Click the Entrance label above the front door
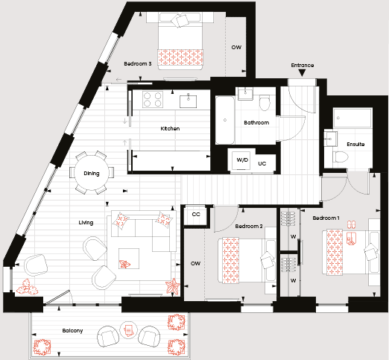point(303,65)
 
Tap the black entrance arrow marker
point(302,73)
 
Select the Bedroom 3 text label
point(138,64)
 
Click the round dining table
point(92,173)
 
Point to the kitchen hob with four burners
point(153,99)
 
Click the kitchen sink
point(189,101)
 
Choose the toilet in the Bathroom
point(265,103)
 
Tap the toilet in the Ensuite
point(341,157)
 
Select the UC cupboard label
point(262,163)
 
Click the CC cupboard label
point(196,214)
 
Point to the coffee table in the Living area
point(129,259)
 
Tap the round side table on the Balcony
point(128,329)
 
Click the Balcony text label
point(72,331)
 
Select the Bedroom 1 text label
point(326,218)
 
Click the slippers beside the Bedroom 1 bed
point(351,224)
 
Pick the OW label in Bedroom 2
point(195,263)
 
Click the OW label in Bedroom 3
point(236,47)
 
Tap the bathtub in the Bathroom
point(225,120)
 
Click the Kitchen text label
point(170,128)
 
